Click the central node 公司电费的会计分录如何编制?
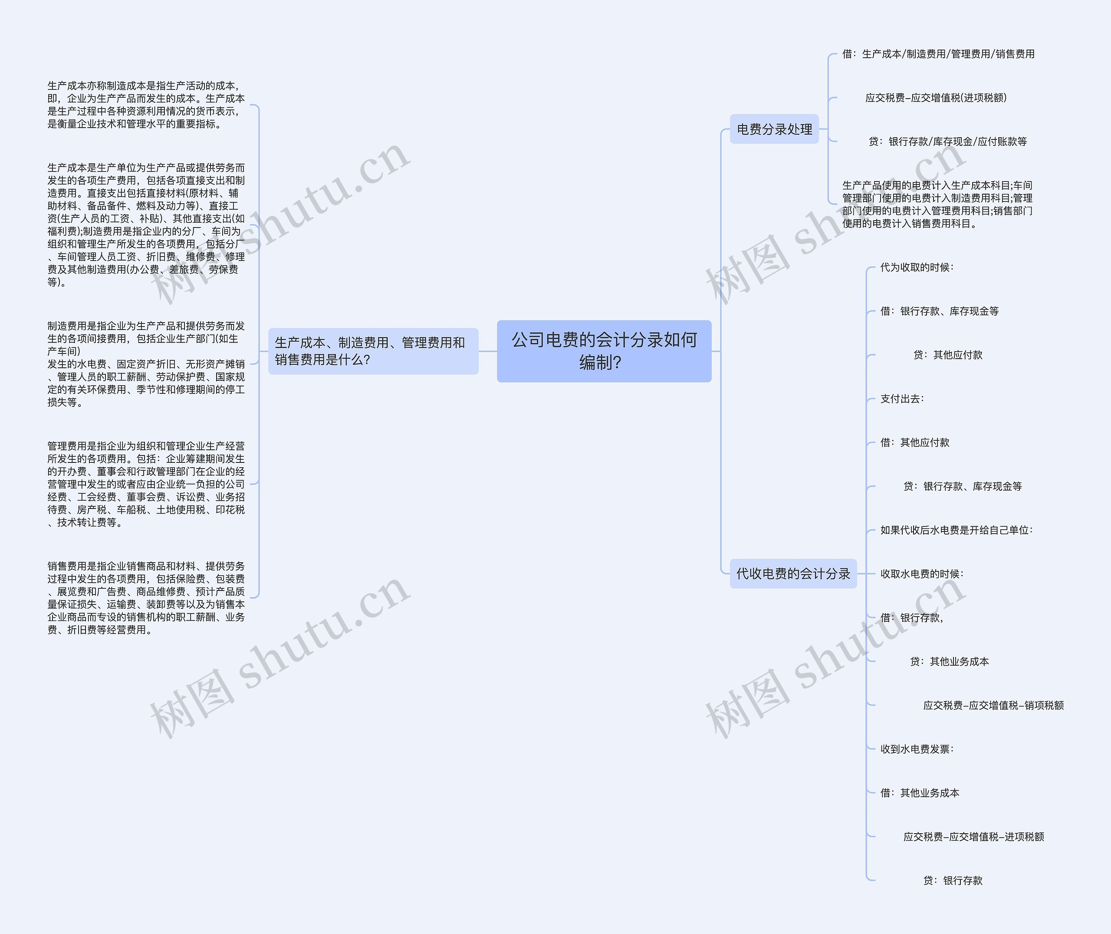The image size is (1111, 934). pyautogui.click(x=604, y=351)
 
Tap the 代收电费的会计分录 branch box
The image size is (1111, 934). pyautogui.click(x=792, y=574)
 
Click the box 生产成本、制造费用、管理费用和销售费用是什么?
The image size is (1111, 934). pyautogui.click(x=373, y=351)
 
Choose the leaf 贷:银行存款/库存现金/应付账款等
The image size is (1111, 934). pyautogui.click(x=947, y=142)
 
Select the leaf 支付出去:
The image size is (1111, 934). pyautogui.click(x=902, y=399)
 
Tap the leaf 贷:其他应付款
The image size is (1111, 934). pyautogui.click(x=947, y=355)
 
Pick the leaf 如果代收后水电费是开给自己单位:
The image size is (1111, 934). pyautogui.click(x=956, y=530)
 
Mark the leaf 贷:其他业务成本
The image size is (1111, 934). pyautogui.click(x=949, y=661)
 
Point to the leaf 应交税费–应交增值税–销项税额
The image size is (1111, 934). pyautogui.click(x=993, y=705)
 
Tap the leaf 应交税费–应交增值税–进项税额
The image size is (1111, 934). pyautogui.click(x=973, y=837)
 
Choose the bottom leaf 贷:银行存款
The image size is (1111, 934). pyautogui.click(x=952, y=881)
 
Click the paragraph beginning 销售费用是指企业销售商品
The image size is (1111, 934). pyautogui.click(x=146, y=598)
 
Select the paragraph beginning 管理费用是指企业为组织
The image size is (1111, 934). pyautogui.click(x=146, y=484)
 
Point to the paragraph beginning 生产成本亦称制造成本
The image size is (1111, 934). pyautogui.click(x=146, y=105)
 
